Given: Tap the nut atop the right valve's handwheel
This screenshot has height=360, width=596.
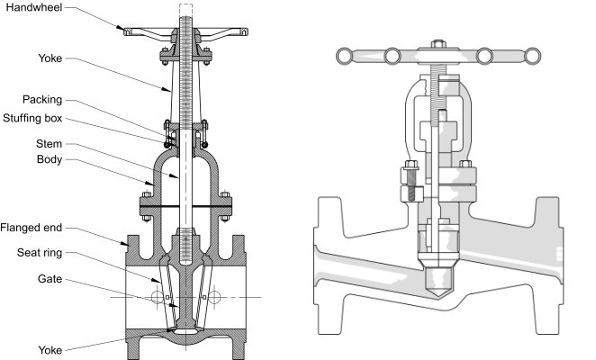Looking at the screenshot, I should [438, 43].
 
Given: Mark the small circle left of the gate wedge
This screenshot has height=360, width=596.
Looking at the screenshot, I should [158, 296].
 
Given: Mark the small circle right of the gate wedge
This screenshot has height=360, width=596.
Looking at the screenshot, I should [216, 296].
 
